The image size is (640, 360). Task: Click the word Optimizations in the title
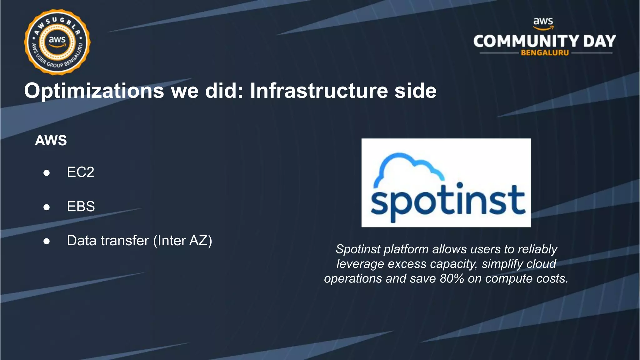pyautogui.click(x=94, y=91)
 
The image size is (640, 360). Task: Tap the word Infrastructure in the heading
pyautogui.click(x=319, y=91)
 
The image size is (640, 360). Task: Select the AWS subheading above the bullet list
pyautogui.click(x=51, y=140)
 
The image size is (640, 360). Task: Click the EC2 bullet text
pyautogui.click(x=81, y=172)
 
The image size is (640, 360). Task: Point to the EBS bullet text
pyautogui.click(x=81, y=207)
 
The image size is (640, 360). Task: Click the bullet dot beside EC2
pyautogui.click(x=47, y=173)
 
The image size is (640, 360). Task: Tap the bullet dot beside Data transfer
pyautogui.click(x=47, y=241)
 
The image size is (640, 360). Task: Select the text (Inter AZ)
pyautogui.click(x=182, y=241)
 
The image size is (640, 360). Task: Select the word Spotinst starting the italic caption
pyautogui.click(x=358, y=249)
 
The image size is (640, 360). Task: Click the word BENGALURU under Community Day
pyautogui.click(x=545, y=53)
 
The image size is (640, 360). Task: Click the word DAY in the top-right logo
pyautogui.click(x=599, y=41)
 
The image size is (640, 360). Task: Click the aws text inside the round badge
pyautogui.click(x=57, y=40)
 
